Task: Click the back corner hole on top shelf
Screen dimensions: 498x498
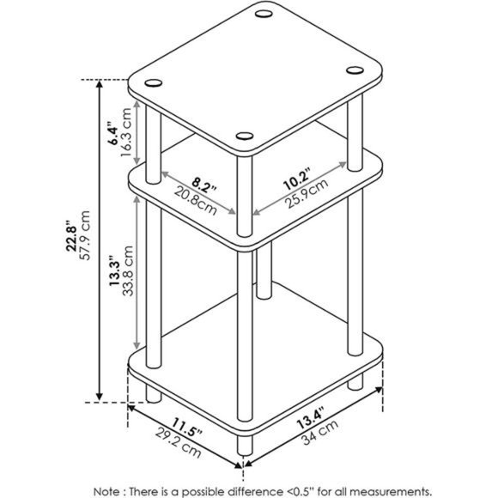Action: coord(264,13)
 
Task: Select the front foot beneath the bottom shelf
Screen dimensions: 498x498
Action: coord(243,446)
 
